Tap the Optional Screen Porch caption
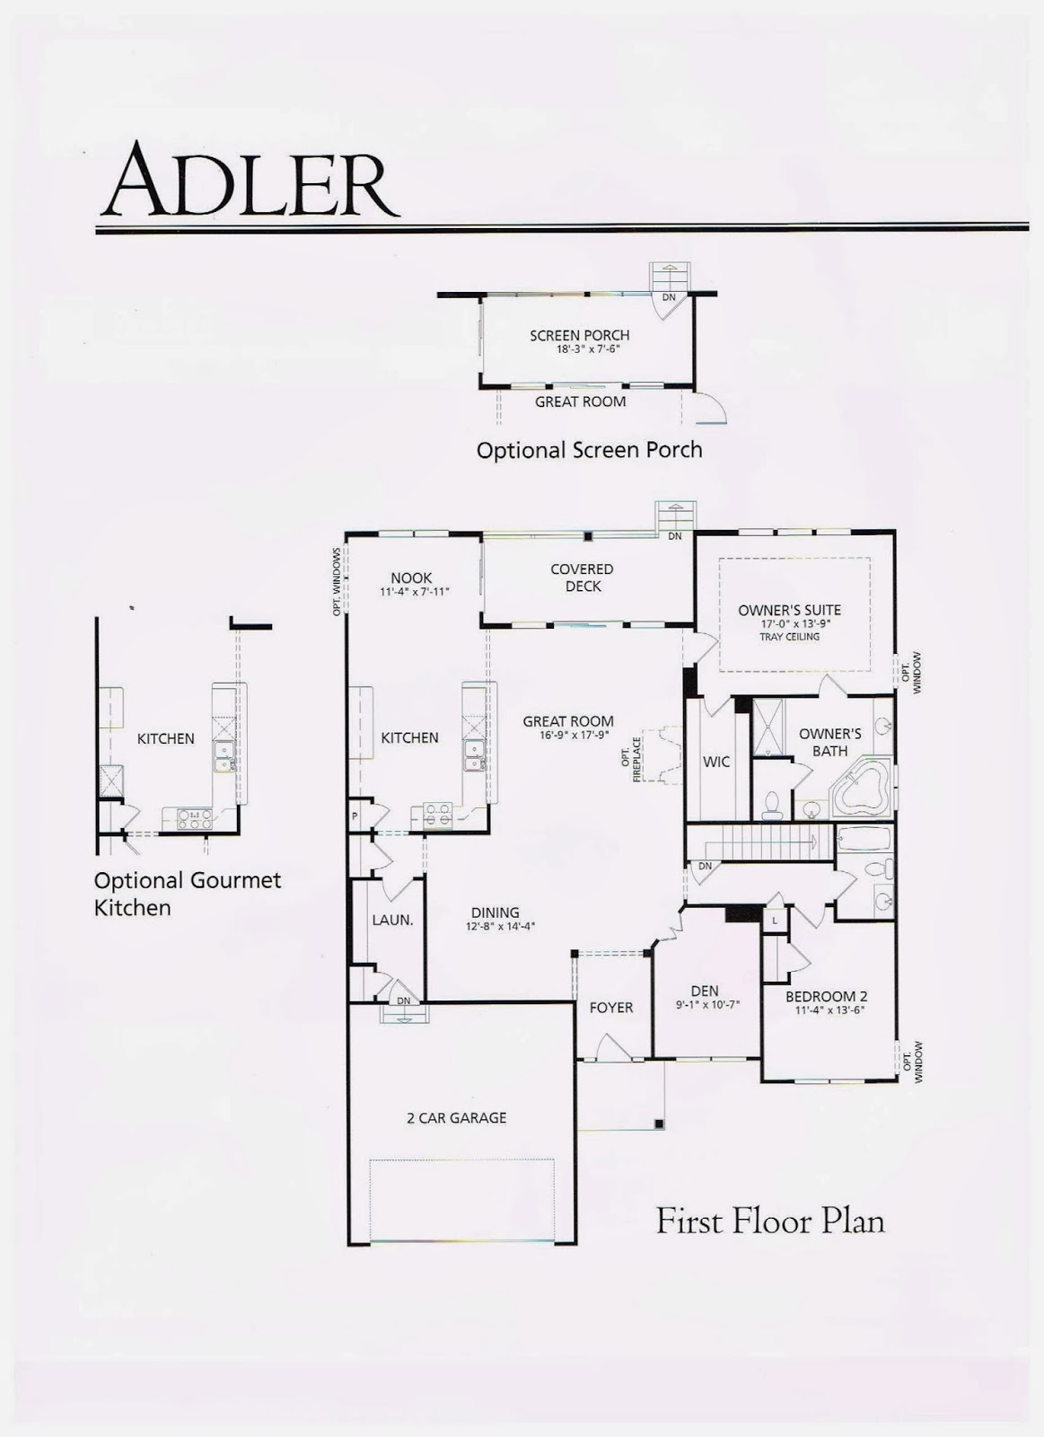[589, 450]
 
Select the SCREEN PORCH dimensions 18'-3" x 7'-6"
[579, 349]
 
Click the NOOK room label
[411, 577]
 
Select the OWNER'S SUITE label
[789, 610]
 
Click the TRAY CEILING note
[789, 637]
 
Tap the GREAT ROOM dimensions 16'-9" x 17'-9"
[568, 735]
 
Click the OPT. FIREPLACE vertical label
[631, 760]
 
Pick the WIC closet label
[716, 762]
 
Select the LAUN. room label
[392, 920]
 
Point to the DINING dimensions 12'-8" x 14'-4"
[495, 926]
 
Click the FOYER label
[611, 1008]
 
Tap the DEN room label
[705, 992]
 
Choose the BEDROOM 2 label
[826, 996]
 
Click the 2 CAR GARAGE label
[456, 1118]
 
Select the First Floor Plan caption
[769, 1221]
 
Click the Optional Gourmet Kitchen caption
[187, 894]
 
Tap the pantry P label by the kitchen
[355, 815]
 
